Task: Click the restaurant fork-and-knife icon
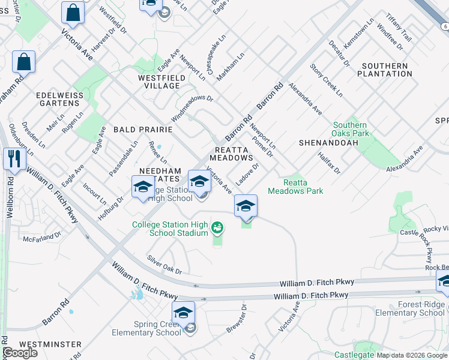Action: (x=13, y=159)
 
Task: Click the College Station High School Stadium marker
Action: (x=217, y=227)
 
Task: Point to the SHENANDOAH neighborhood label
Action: (x=328, y=143)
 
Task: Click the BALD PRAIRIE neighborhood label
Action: (x=143, y=130)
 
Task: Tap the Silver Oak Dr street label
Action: (x=164, y=264)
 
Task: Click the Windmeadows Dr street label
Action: (x=193, y=98)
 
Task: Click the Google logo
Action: (x=19, y=353)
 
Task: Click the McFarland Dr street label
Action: (x=42, y=238)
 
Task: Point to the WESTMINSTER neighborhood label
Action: (x=42, y=344)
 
